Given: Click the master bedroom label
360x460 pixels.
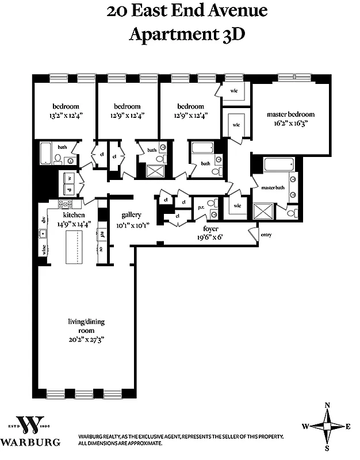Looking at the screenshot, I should point(290,114).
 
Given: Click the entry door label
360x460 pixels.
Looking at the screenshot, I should point(266,235).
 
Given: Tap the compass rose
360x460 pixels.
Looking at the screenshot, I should point(327,426).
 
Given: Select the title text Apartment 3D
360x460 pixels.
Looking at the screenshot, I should point(187,34).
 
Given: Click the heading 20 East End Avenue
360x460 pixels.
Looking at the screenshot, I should point(187,11).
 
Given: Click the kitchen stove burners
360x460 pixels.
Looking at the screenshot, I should point(64,204).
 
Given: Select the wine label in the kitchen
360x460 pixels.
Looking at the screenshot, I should point(43,250).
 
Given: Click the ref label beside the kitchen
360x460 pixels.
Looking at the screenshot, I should point(102,235).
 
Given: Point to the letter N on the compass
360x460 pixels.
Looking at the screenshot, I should point(327,405).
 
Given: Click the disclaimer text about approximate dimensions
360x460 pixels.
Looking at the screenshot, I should point(121,444).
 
